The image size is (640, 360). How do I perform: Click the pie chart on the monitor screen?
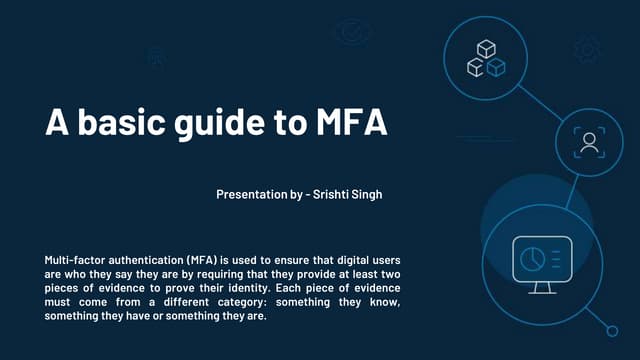tap(529, 257)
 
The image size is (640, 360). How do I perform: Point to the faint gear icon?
tap(587, 48)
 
